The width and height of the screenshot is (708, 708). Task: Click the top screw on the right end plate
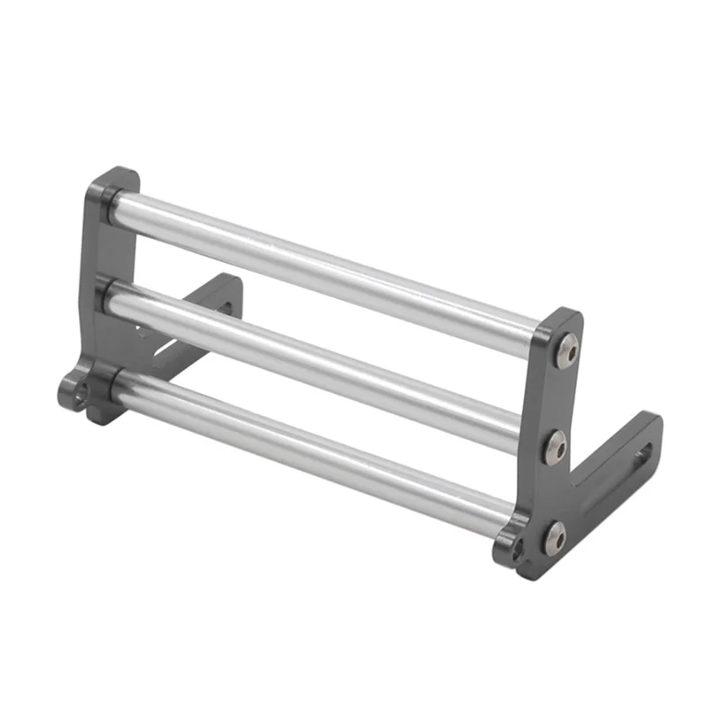click(567, 353)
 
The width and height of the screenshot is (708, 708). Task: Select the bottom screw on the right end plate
click(554, 536)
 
